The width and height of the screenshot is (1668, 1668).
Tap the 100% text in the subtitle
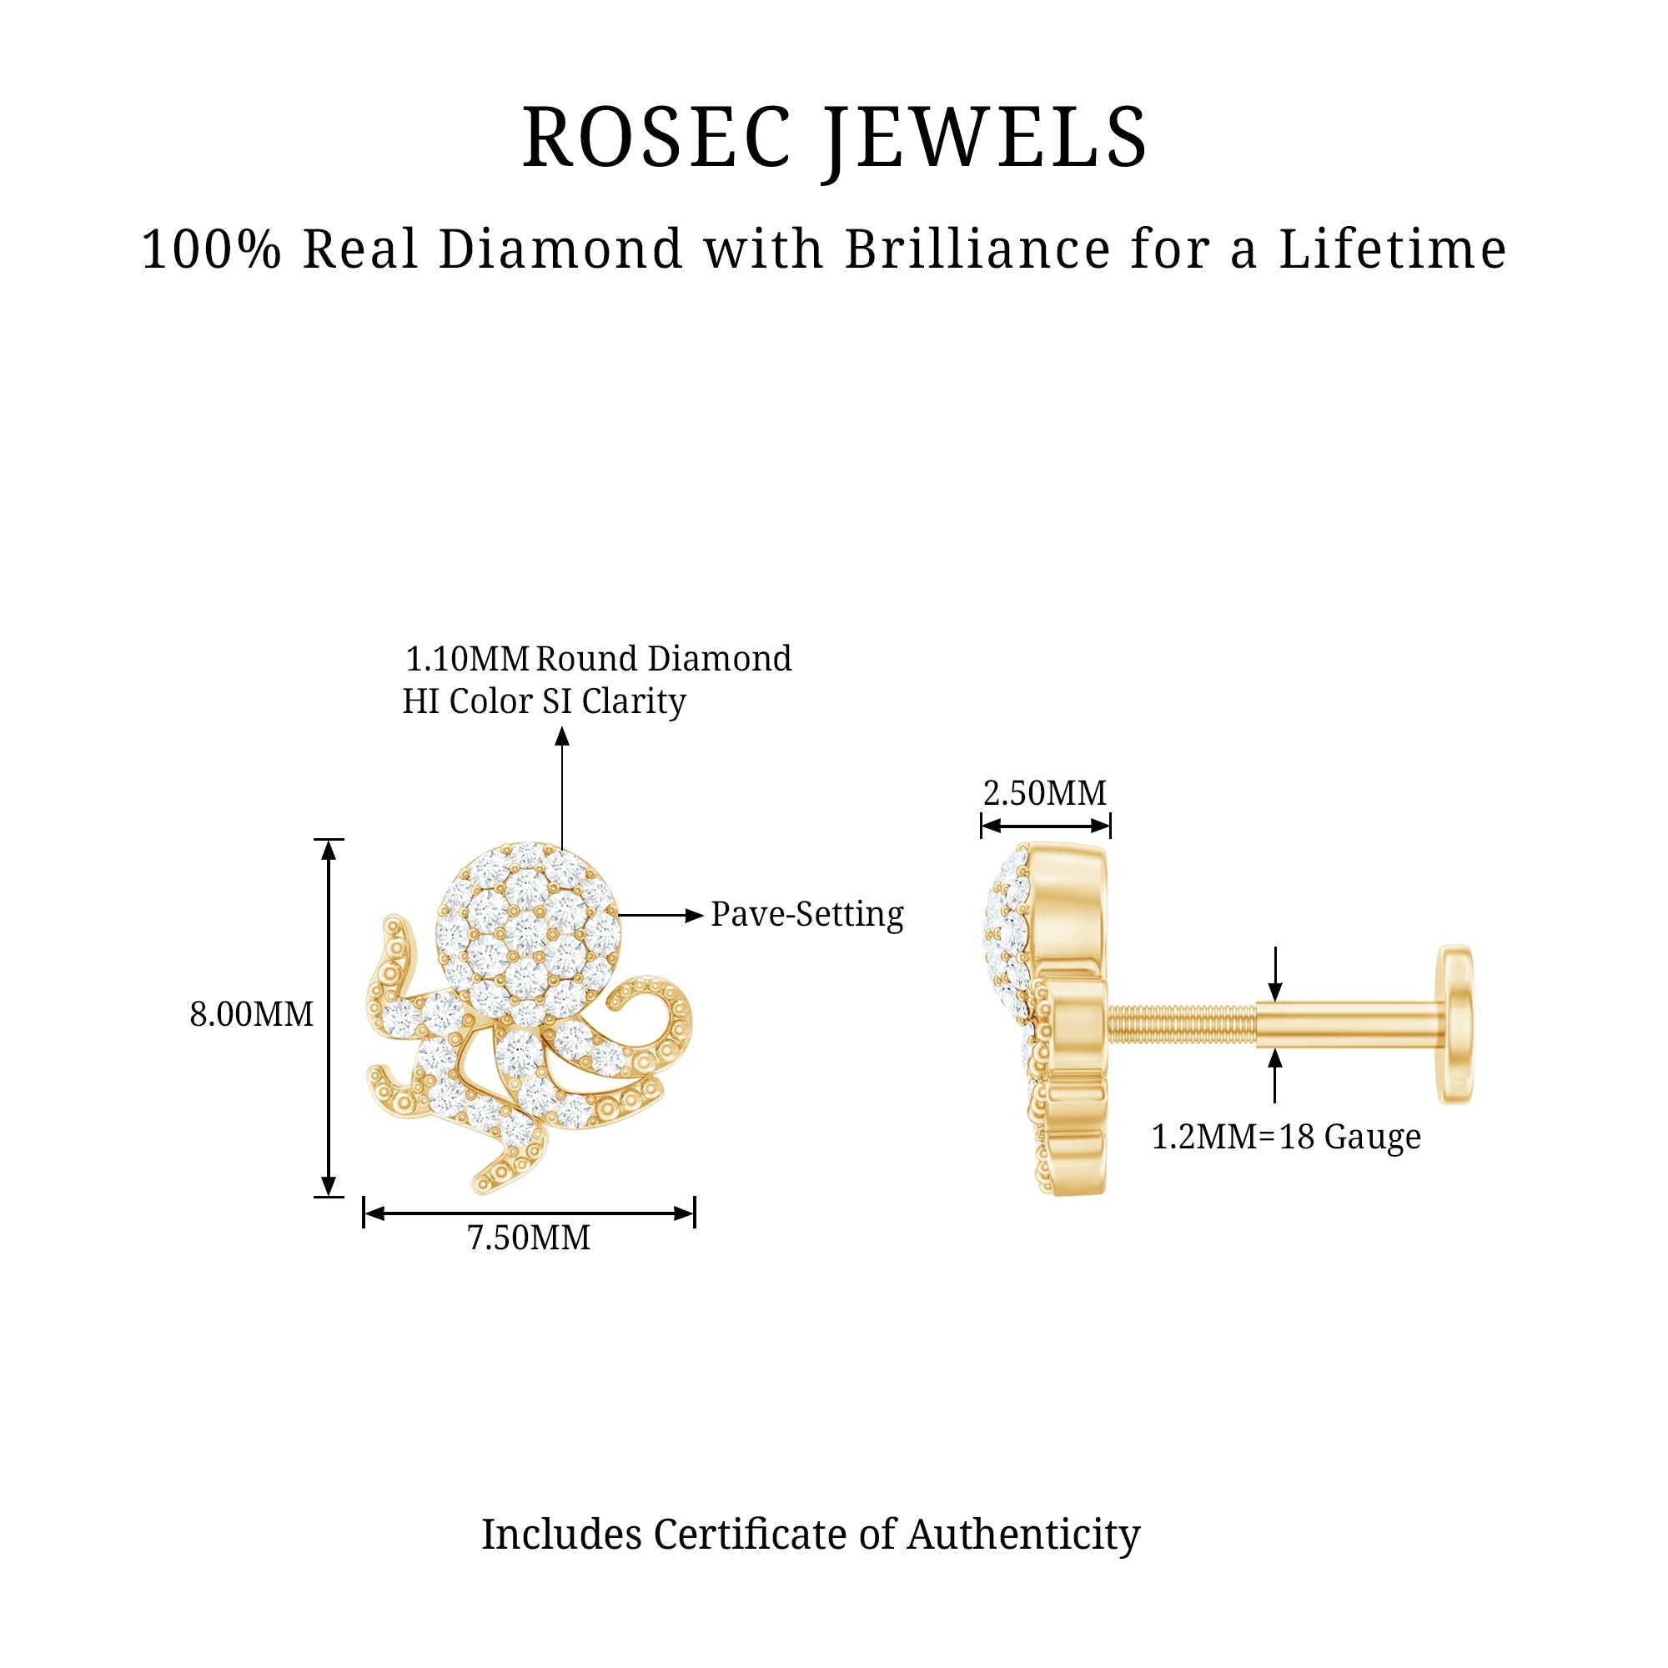(x=212, y=249)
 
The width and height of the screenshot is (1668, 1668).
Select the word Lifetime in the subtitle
(x=1393, y=249)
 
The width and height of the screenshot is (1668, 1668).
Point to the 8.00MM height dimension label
(x=251, y=1014)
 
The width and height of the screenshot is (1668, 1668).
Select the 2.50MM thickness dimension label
(x=1045, y=793)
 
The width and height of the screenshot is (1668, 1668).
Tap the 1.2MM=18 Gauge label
(x=1285, y=1137)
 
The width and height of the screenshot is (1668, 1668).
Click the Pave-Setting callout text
(x=806, y=914)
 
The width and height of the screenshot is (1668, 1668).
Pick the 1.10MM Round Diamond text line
(x=597, y=660)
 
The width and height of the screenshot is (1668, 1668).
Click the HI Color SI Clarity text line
(x=544, y=701)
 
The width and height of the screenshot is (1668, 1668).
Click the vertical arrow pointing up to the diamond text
(x=562, y=786)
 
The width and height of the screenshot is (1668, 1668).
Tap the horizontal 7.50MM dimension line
(x=529, y=1213)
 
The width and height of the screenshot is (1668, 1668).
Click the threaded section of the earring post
(x=1181, y=1023)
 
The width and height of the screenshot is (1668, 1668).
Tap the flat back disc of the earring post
(x=1455, y=1024)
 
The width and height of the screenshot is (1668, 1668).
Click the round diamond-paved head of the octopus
(x=528, y=932)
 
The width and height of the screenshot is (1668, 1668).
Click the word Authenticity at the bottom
(x=1023, y=1535)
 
